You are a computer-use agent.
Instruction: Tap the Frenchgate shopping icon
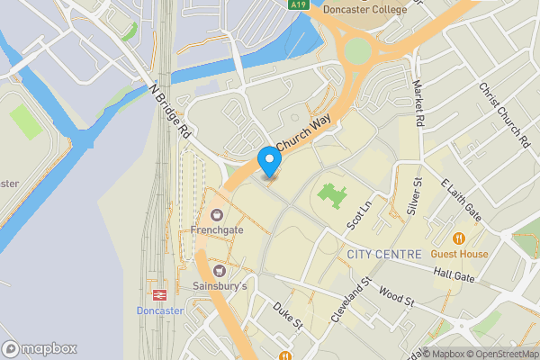[x=217, y=215]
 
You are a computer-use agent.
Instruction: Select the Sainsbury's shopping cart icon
[x=217, y=271]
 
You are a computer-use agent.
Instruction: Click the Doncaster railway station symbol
[x=159, y=294]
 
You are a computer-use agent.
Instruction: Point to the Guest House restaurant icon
[x=459, y=238]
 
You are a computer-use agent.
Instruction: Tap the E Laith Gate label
[x=461, y=199]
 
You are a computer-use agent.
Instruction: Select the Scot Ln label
[x=360, y=213]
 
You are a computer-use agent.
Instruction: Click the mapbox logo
[x=40, y=348]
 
